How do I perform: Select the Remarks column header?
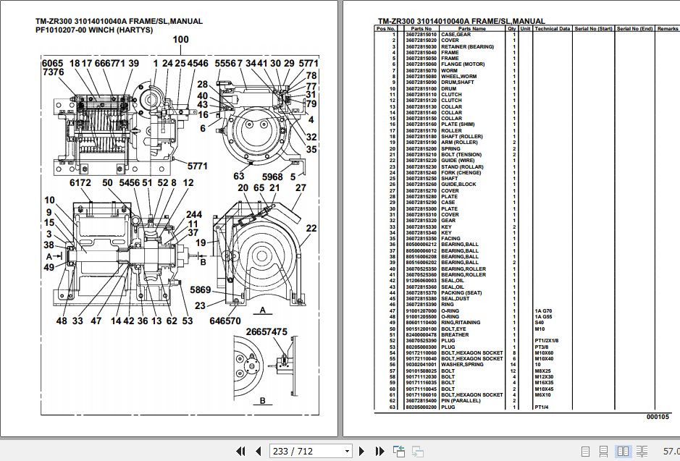tap(668, 28)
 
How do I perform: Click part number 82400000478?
tap(421, 335)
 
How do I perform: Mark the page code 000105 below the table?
tap(658, 418)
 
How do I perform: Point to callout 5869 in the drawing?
tap(201, 289)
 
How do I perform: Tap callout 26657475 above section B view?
tap(266, 331)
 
